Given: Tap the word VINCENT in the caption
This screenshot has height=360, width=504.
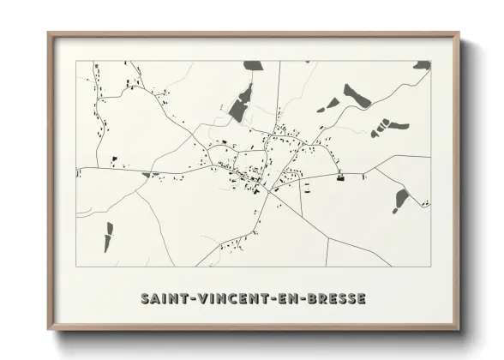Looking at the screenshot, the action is click(x=226, y=299).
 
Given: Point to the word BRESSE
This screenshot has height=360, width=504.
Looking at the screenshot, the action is click(x=333, y=299).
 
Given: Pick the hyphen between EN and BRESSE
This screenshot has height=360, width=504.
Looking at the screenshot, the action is click(x=297, y=299).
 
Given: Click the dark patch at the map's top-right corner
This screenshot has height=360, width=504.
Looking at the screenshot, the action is click(x=422, y=65).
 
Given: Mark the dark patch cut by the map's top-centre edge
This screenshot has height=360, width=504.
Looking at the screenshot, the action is click(x=253, y=65).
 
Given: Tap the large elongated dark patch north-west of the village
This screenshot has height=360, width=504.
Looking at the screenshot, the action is click(x=241, y=104).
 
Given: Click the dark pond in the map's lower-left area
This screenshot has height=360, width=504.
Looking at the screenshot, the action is click(x=109, y=236).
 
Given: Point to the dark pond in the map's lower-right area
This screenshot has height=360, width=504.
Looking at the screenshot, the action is click(x=401, y=200).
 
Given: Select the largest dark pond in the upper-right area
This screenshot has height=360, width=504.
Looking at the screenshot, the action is click(x=356, y=96).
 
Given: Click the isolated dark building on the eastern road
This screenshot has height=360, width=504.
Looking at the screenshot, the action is click(x=340, y=177).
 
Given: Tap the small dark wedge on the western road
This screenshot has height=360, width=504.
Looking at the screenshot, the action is click(x=151, y=175).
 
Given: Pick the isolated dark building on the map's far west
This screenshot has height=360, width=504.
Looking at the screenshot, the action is click(x=113, y=159).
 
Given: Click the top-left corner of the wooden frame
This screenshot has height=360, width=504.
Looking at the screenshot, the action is click(x=49, y=34).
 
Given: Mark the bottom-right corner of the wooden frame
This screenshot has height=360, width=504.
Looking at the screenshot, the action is click(x=458, y=329).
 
